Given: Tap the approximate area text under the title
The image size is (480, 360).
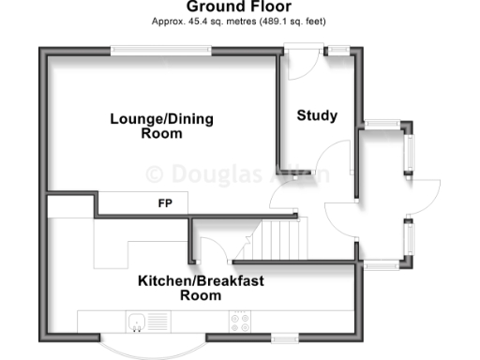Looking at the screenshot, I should click(239, 21).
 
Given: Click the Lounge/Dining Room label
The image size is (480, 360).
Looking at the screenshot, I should click(161, 126).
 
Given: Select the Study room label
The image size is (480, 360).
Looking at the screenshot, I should click(317, 116).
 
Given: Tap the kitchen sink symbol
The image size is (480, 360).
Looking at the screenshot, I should click(138, 321).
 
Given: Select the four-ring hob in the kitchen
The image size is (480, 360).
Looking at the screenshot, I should click(239, 322).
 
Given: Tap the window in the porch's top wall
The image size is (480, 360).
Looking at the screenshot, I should click(382, 124).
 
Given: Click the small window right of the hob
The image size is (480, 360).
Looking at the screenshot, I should click(285, 337).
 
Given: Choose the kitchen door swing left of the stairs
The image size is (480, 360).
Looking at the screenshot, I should click(213, 249).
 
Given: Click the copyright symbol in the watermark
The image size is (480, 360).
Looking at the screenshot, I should click(156, 173).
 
